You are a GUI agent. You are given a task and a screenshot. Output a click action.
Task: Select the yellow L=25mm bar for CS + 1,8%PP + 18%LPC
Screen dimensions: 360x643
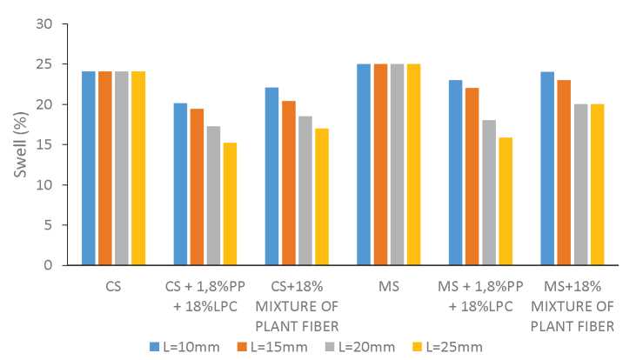coord(229,203)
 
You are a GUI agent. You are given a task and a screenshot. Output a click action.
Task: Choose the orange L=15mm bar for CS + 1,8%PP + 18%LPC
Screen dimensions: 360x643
coord(197,186)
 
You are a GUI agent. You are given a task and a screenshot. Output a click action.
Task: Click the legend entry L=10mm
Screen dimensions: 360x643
coord(177,346)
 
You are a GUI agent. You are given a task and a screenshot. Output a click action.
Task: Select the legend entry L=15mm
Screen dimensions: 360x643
coord(273,346)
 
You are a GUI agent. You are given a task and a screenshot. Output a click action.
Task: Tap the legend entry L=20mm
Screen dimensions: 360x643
coord(369,346)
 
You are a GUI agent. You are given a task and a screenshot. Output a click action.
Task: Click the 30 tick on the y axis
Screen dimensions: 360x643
coord(57,24)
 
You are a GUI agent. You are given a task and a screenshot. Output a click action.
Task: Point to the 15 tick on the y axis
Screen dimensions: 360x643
coord(57,144)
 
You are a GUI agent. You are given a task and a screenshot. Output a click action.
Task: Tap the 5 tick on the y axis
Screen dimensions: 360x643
coord(60,224)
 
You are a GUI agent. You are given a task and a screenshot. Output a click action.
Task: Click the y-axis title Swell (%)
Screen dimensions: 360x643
coord(20,144)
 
